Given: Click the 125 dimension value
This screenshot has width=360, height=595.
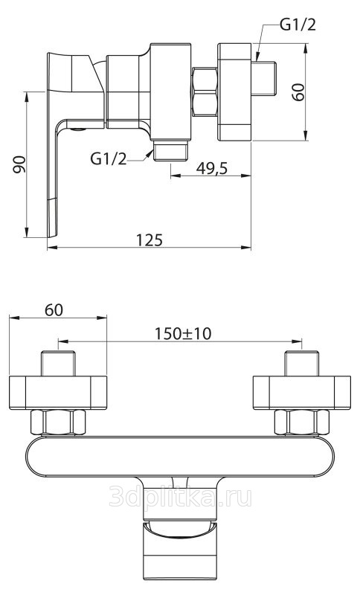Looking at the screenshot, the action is pyautogui.click(x=149, y=239).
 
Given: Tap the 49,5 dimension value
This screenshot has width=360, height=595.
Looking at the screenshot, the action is pyautogui.click(x=212, y=168).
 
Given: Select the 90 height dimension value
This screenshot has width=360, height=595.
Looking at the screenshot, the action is pyautogui.click(x=19, y=164).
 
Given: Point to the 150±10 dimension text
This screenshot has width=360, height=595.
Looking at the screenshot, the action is pyautogui.click(x=182, y=333).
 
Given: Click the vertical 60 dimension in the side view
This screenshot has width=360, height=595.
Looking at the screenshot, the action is pyautogui.click(x=298, y=92).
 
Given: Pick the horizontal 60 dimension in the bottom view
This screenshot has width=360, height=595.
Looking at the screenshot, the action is pyautogui.click(x=54, y=310).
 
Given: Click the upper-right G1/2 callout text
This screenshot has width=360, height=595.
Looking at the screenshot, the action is pyautogui.click(x=298, y=25).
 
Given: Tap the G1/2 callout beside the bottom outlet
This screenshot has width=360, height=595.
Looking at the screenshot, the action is pyautogui.click(x=109, y=158).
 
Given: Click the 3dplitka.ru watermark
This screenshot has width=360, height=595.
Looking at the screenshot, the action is pyautogui.click(x=180, y=497).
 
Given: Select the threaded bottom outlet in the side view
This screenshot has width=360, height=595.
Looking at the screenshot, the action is pyautogui.click(x=170, y=151).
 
